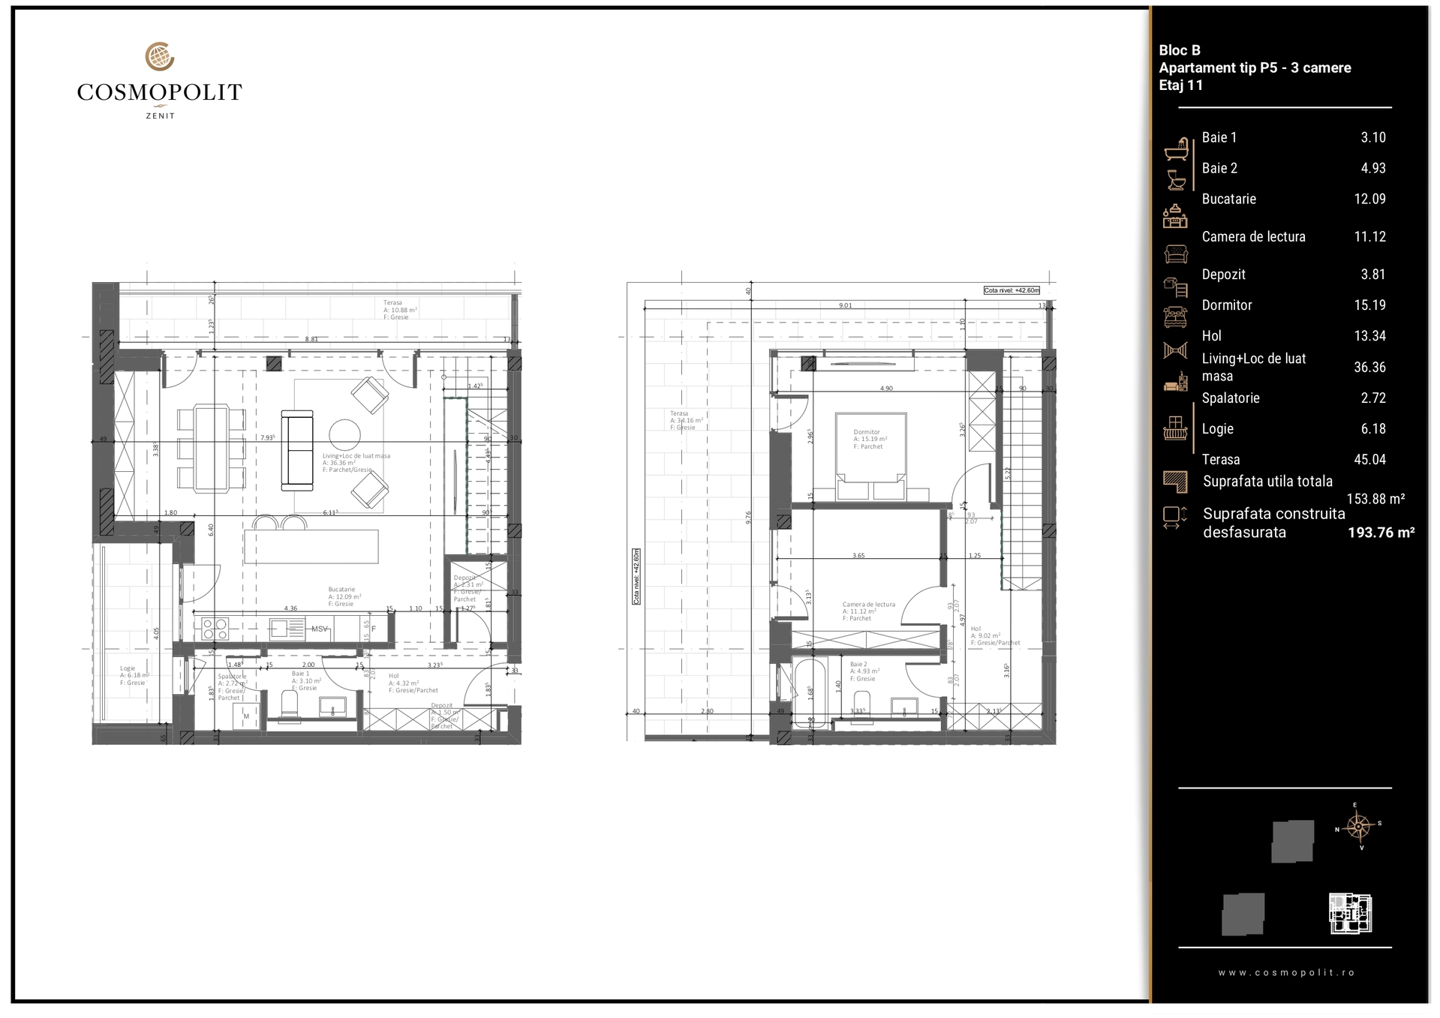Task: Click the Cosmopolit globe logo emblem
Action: [x=159, y=56]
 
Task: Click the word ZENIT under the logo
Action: [x=160, y=116]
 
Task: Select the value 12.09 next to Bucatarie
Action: [x=1369, y=199]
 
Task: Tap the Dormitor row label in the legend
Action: [x=1226, y=305]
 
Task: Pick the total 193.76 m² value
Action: [x=1381, y=533]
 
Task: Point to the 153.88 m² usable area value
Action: [x=1375, y=499]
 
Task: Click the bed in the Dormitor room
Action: [x=870, y=456]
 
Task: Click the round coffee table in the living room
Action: [x=344, y=434]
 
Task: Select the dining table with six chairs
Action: [x=212, y=449]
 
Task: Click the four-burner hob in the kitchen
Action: [x=215, y=629]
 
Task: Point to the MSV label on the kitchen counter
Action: [x=320, y=629]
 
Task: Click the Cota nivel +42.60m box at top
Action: [x=1012, y=290]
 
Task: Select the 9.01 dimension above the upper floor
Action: [x=845, y=305]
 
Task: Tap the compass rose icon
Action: [x=1358, y=827]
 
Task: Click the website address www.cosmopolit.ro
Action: [x=1286, y=972]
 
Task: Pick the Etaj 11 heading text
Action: [x=1180, y=86]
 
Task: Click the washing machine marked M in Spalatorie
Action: [x=246, y=717]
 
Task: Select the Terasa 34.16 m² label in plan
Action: [x=685, y=420]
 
